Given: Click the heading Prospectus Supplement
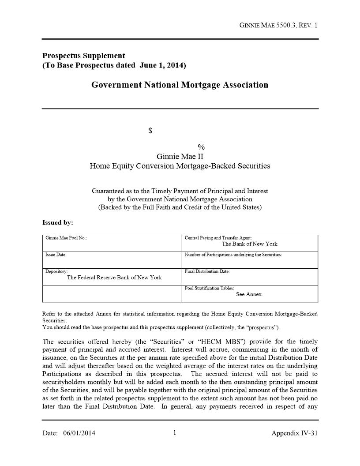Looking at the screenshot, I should click(x=83, y=56).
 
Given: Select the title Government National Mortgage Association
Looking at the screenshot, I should click(x=180, y=85).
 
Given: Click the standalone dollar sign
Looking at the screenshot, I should click(x=150, y=131).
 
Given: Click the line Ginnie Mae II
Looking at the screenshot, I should click(x=180, y=157).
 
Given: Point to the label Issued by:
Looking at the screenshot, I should click(x=58, y=222).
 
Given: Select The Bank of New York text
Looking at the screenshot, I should click(x=249, y=244).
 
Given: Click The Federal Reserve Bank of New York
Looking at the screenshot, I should click(x=114, y=278).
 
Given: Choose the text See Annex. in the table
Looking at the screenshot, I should click(x=249, y=294).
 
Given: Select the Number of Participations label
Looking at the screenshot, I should click(x=233, y=255).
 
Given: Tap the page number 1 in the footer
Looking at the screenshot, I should click(x=174, y=433).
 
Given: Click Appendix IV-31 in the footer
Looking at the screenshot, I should click(x=294, y=433).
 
